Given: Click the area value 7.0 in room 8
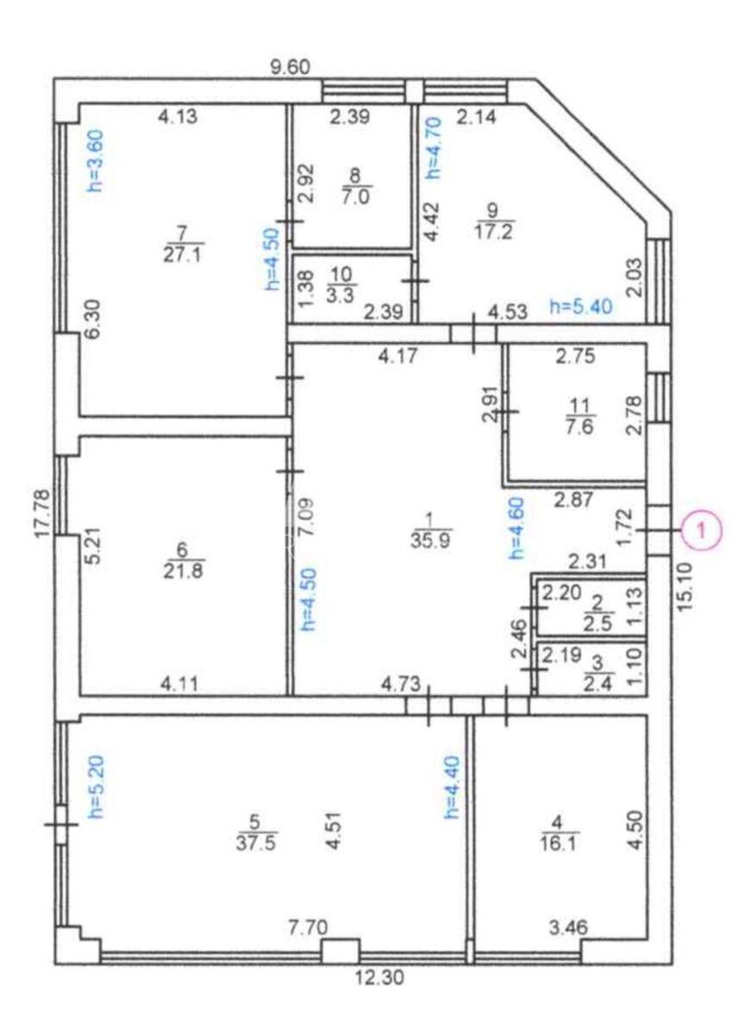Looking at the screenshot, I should [x=357, y=196].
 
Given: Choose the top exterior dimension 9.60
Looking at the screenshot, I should [x=290, y=67].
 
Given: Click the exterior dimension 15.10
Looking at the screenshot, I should [x=686, y=587].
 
